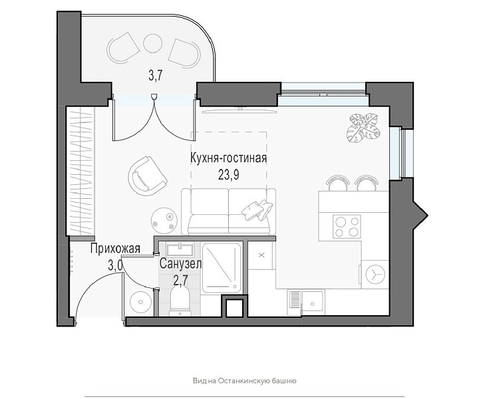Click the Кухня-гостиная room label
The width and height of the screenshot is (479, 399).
228,158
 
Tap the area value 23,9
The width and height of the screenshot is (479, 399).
228,175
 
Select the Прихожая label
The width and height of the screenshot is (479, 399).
115,249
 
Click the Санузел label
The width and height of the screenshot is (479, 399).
180,264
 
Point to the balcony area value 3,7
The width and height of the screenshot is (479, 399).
155,75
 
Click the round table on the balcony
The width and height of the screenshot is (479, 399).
152,43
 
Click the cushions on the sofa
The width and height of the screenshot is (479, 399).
257,210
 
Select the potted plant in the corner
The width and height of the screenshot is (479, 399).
363,128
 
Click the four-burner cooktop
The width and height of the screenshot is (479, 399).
347,226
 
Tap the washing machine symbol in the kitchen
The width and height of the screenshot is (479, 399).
375,274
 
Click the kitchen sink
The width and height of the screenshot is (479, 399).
306,303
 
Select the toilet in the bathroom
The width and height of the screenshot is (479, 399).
180,301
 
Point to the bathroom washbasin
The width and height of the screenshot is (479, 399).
180,249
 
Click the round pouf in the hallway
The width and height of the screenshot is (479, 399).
140,302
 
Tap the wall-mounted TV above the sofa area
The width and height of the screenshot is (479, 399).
239,110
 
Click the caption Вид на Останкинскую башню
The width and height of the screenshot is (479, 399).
244,380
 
